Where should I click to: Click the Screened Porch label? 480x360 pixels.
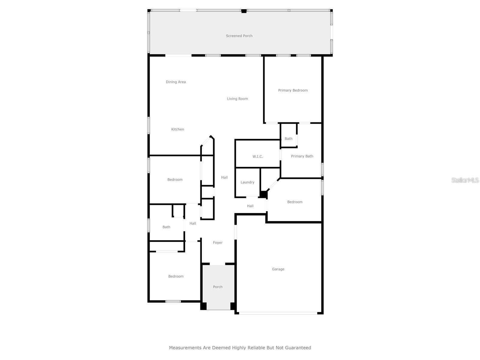239,36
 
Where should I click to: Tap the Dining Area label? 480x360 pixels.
176,82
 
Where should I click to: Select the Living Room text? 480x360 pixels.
237,99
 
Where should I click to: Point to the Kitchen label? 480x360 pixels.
178,129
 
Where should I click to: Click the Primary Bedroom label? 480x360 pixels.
293,90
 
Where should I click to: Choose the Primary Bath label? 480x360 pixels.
302,156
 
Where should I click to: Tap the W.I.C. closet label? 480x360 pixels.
258,157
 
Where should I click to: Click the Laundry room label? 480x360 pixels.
247,182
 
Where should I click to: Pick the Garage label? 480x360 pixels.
278,269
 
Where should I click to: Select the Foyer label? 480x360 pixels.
218,243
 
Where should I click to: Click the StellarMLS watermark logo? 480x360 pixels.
465,180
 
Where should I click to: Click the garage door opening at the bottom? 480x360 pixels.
278,313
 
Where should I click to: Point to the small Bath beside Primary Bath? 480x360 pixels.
289,139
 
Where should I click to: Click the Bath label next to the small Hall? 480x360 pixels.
166,227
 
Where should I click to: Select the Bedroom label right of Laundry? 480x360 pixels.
295,202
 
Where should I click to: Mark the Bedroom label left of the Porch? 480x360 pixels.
176,276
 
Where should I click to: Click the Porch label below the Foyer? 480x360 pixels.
218,287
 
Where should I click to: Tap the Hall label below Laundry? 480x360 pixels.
250,206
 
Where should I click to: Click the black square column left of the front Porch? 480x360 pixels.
203,306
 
